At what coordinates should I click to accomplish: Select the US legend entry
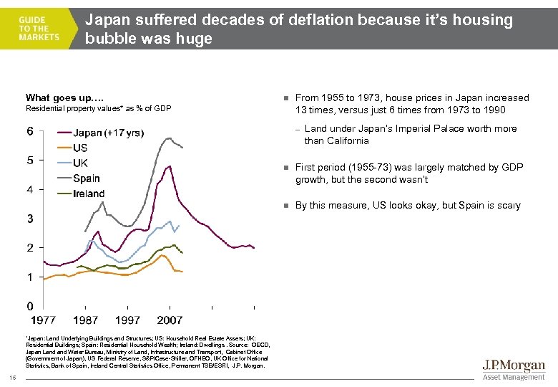[81, 148]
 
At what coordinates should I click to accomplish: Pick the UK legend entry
[81, 163]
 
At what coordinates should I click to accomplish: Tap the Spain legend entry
[87, 178]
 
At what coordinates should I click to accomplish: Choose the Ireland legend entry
[89, 193]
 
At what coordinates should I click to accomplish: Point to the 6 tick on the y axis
[30, 131]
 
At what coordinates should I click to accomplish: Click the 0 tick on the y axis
[30, 306]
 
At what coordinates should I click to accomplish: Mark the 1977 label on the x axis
[44, 320]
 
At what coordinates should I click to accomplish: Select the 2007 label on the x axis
[170, 320]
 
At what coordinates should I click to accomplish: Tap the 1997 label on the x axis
[128, 320]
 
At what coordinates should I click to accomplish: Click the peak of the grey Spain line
[170, 138]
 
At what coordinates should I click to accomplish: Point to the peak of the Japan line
[168, 166]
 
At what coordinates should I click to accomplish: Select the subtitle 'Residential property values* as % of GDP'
[98, 109]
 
